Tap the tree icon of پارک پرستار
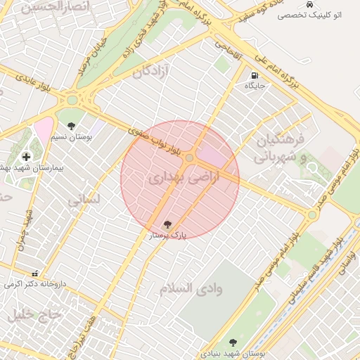point(167,224)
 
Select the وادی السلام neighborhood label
point(191,288)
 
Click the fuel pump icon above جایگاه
point(253,75)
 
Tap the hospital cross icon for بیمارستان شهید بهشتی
point(27,156)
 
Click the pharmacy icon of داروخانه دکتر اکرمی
point(34,274)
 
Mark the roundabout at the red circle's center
point(189,158)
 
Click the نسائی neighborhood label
point(85,200)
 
